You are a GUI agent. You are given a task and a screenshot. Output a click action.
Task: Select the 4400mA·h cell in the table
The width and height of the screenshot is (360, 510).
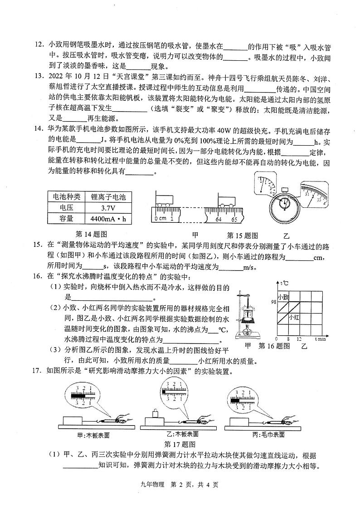tap(108, 219)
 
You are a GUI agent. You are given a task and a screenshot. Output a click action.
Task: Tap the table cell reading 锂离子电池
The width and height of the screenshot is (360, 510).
tap(108, 196)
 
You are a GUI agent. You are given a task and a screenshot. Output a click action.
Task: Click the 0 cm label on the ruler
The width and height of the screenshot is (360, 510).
tap(160, 219)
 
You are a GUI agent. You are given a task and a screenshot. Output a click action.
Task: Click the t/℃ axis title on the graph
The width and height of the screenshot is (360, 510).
tap(284, 284)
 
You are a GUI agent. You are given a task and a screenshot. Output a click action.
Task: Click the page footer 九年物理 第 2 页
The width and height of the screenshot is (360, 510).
tap(180, 485)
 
